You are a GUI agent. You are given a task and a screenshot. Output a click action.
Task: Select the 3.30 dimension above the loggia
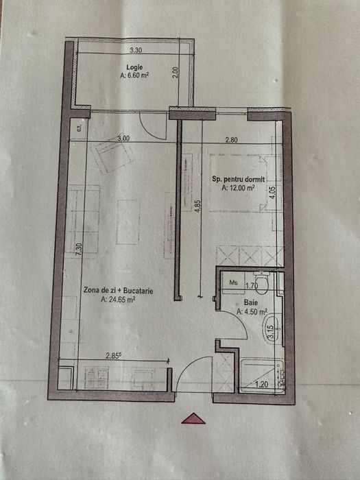point(135,50)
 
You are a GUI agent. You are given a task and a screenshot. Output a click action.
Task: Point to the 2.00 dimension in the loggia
point(175,73)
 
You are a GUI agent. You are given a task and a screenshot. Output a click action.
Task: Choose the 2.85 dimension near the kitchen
point(114,355)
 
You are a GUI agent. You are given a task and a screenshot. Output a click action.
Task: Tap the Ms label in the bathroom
point(233,282)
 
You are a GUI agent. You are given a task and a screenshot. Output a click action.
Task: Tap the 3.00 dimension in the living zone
point(123,139)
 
